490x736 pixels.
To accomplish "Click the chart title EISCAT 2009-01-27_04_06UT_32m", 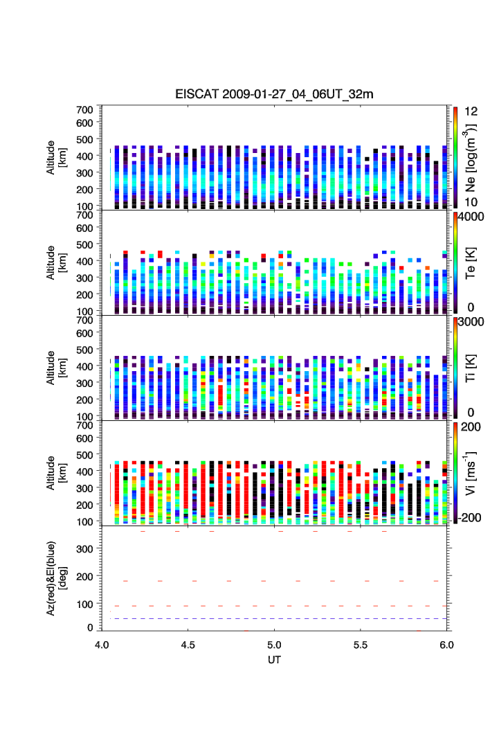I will (x=275, y=94).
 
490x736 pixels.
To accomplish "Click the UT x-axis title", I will (x=275, y=659).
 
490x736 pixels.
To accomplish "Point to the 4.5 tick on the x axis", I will (x=188, y=643).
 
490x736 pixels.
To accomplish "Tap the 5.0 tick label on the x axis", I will (x=275, y=643).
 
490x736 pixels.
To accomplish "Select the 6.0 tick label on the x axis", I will (x=447, y=643).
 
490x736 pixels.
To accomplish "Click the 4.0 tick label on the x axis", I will (x=102, y=643).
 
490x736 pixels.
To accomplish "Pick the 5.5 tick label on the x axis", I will (x=361, y=643).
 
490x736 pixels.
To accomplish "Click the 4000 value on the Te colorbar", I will (x=470, y=217).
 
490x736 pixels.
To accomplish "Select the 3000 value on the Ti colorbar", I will (x=470, y=322).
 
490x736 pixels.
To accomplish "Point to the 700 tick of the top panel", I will (x=86, y=109).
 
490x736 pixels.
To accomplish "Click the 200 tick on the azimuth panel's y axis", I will (x=86, y=577).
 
